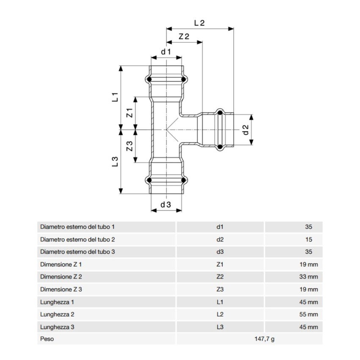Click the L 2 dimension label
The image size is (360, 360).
coord(199,23)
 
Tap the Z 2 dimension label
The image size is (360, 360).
coord(184,36)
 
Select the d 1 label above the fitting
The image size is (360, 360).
coord(166,52)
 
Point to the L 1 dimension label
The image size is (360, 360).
coord(114,97)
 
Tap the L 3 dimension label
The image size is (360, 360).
coord(114,161)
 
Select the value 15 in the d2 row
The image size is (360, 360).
coord(308,239)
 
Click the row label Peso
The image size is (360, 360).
coord(47,339)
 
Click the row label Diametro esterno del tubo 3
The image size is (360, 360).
coord(78,252)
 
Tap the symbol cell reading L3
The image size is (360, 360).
coord(219,327)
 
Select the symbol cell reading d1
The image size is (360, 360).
coord(219,227)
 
